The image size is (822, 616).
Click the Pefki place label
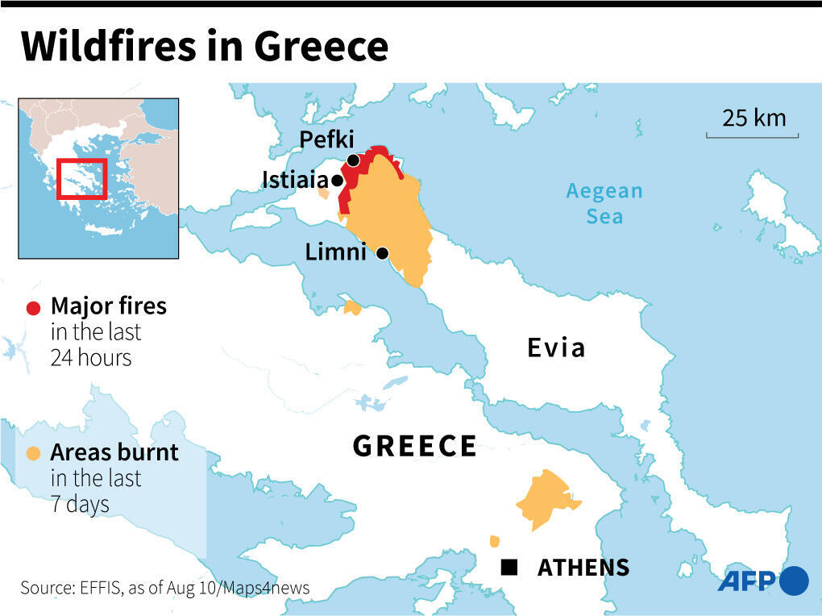(326, 140)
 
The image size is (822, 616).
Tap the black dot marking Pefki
(353, 160)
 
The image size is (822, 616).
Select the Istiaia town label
(295, 180)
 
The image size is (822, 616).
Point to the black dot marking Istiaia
(336, 180)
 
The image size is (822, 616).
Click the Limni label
(335, 252)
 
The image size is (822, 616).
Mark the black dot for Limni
(382, 253)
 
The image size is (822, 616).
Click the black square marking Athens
(509, 568)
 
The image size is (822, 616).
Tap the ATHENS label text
(583, 568)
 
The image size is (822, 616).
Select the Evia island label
(555, 348)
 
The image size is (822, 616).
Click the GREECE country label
(415, 446)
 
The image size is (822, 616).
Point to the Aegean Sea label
(604, 203)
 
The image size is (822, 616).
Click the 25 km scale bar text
(753, 118)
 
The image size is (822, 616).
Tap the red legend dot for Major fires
(34, 307)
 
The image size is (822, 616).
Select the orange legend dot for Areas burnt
(34, 453)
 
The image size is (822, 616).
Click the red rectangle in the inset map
(81, 178)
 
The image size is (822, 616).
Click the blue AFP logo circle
(794, 581)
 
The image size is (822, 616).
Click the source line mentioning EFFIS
(164, 588)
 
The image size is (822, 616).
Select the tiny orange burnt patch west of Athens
(494, 541)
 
